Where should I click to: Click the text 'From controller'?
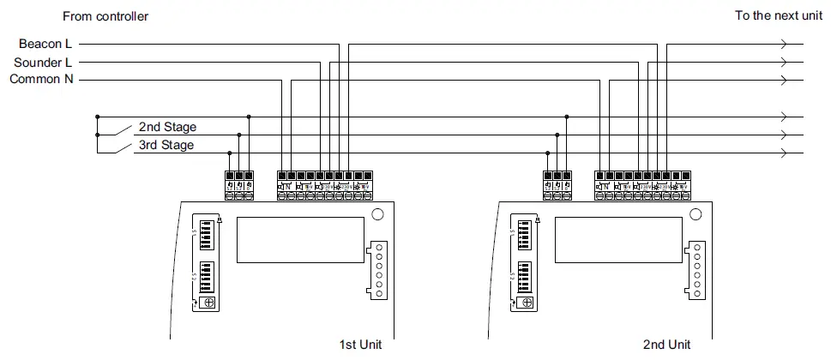105,16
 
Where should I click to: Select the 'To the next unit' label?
778,16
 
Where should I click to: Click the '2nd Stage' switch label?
167,127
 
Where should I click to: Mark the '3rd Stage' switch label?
166,145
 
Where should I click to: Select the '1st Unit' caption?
361,345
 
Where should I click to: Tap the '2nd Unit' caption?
666,345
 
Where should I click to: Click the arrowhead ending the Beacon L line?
781,43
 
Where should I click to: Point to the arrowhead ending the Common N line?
781,80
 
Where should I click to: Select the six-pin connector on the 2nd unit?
696,270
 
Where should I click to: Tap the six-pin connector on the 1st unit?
378,270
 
